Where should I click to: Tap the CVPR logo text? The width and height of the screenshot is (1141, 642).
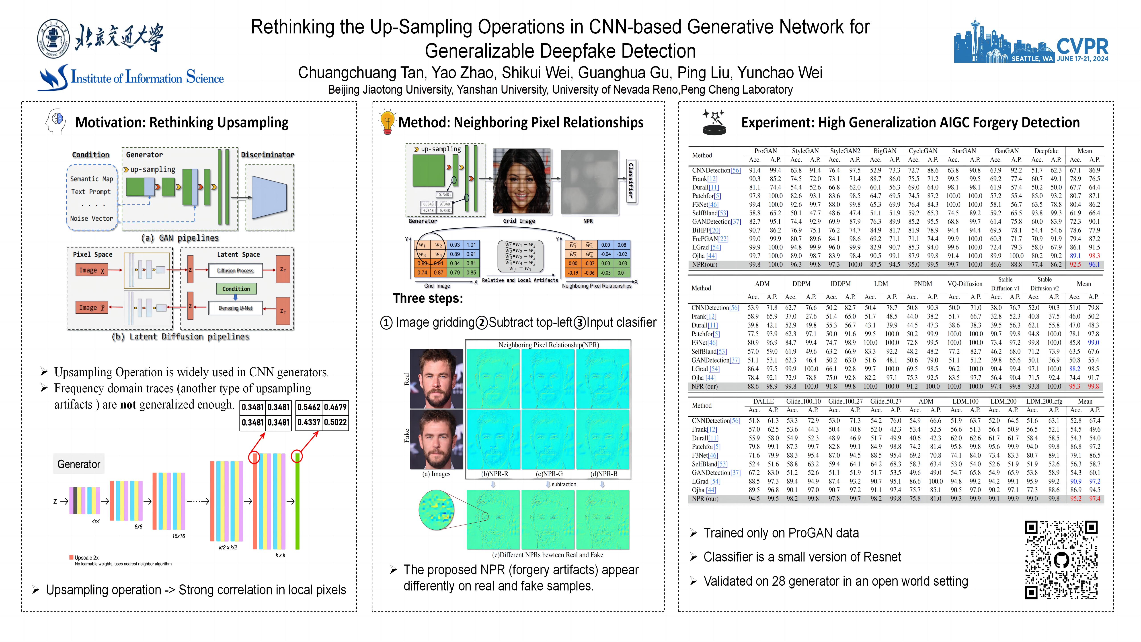[x=1082, y=46]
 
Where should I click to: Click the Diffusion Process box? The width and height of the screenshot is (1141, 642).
[x=235, y=270]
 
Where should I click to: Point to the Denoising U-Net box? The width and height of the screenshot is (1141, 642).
[x=235, y=308]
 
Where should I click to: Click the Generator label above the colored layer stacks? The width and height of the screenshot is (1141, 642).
[x=79, y=464]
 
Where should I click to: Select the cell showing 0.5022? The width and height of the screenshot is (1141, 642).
[x=335, y=422]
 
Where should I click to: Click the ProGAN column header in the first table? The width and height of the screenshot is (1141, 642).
[x=765, y=151]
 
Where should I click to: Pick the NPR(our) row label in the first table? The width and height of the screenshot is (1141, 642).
[x=704, y=265]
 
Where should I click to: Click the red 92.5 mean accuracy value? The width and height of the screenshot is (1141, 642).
[x=1075, y=265]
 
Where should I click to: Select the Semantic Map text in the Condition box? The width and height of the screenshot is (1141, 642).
[x=91, y=179]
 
